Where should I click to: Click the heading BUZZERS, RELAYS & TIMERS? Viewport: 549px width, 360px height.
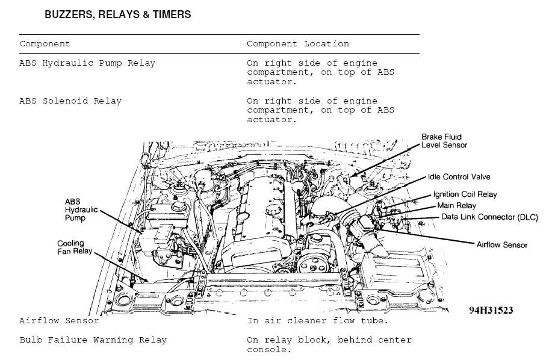coord(118,14)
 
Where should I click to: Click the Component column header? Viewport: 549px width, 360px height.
coord(45,44)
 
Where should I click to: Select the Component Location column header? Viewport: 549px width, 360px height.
coord(297,44)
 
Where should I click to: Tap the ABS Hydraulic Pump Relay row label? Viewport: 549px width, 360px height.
coord(87,63)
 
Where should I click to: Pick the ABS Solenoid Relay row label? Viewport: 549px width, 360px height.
coord(70,101)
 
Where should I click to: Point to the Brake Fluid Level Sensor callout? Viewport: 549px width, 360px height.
coord(444,141)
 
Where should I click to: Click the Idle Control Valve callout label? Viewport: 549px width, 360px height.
coord(459,177)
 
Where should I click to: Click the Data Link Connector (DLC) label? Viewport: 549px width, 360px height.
coord(489,217)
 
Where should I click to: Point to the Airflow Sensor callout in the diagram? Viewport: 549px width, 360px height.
coord(501,245)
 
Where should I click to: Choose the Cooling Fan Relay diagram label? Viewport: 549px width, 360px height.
coord(75,247)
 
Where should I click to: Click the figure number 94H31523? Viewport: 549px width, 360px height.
coord(491,311)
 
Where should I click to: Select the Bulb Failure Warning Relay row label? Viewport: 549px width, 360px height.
coord(93,340)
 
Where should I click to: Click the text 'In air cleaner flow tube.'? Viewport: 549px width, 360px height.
coord(317,321)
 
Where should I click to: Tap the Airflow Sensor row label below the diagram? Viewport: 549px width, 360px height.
coord(59,321)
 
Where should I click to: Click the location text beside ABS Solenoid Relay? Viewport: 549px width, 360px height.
coord(320,110)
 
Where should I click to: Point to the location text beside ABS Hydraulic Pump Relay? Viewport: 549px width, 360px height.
coord(320,72)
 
